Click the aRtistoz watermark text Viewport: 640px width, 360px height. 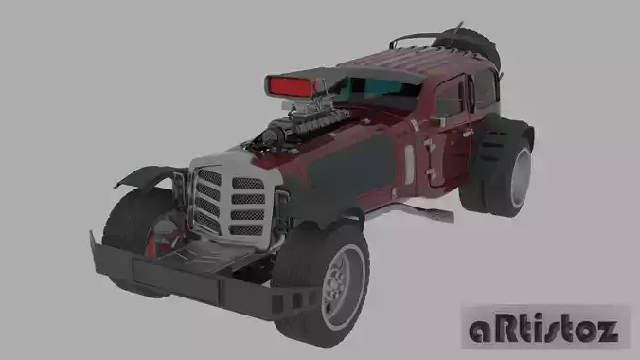coord(544,330)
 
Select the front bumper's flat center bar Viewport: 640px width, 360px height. coord(180,276)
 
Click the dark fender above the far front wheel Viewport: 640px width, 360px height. coord(147,176)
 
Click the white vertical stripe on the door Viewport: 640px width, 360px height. coord(409,163)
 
